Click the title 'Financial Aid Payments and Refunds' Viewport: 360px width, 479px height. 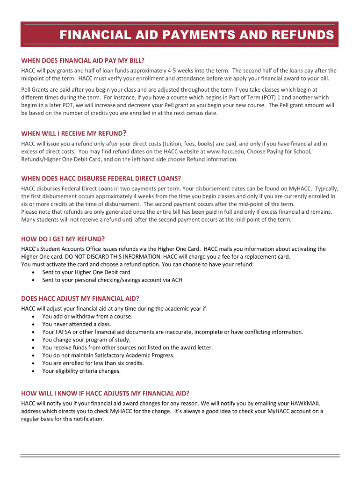pyautogui.click(x=196, y=35)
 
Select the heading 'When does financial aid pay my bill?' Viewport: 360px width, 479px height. pyautogui.click(x=83, y=61)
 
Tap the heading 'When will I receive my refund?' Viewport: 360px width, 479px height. pyautogui.click(x=74, y=133)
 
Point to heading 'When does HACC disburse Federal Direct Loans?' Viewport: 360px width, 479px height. pyautogui.click(x=101, y=179)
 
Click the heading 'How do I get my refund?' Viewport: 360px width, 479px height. pyautogui.click(x=63, y=239)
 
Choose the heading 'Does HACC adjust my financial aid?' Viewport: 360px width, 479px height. pyautogui.click(x=80, y=298)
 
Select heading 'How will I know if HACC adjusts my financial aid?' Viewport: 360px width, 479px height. pyautogui.click(x=105, y=393)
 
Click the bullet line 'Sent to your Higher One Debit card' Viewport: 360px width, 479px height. pyautogui.click(x=86, y=272)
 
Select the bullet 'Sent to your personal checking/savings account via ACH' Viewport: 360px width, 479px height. pyautogui.click(x=112, y=280)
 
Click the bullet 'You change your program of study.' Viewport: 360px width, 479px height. pyautogui.click(x=86, y=340)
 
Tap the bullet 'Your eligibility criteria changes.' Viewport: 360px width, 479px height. pyautogui.click(x=81, y=371)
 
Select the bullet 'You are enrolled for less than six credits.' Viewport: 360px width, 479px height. pyautogui.click(x=93, y=363)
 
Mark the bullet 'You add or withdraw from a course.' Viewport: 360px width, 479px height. pyautogui.click(x=87, y=316)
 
